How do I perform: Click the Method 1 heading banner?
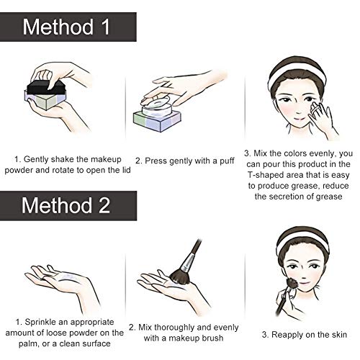(68, 27)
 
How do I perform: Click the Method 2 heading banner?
(68, 206)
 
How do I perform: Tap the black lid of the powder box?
(46, 88)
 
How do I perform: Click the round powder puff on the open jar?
(156, 103)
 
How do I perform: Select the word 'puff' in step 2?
(227, 161)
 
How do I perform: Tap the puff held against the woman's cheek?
(315, 109)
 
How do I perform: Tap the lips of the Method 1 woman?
(299, 119)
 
